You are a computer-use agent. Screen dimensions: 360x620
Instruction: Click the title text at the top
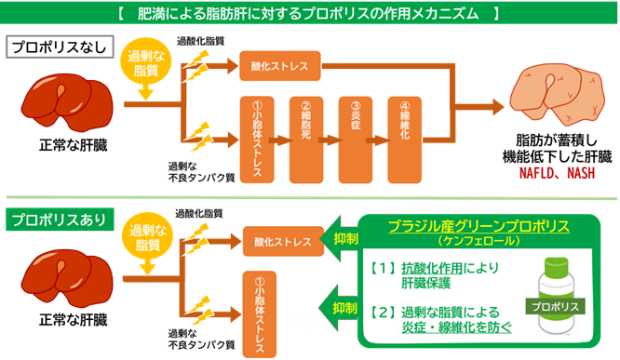pyautogui.click(x=309, y=14)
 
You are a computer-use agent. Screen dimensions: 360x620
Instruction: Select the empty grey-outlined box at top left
pyautogui.click(x=60, y=47)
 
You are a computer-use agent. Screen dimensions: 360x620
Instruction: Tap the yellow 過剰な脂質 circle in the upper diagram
pyautogui.click(x=144, y=65)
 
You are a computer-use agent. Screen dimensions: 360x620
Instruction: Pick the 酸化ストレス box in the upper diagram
pyautogui.click(x=279, y=67)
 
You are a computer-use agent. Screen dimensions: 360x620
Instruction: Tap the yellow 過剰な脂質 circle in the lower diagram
pyautogui.click(x=144, y=241)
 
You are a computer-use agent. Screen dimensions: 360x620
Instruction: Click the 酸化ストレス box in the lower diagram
pyautogui.click(x=279, y=241)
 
